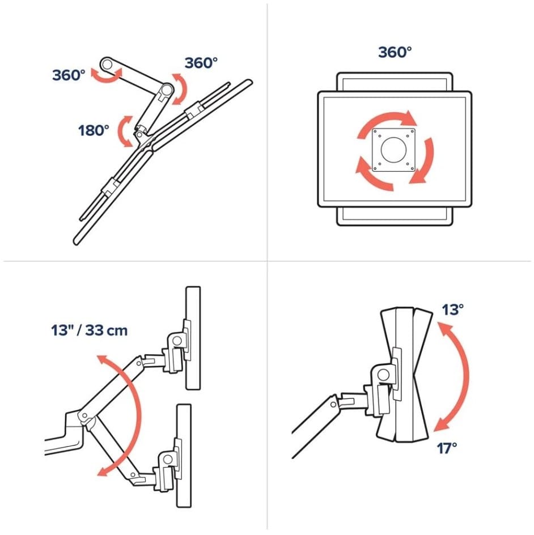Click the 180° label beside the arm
(94, 130)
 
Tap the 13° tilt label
(453, 309)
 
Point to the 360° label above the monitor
(395, 53)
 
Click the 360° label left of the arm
(69, 75)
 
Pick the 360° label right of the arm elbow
(201, 63)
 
